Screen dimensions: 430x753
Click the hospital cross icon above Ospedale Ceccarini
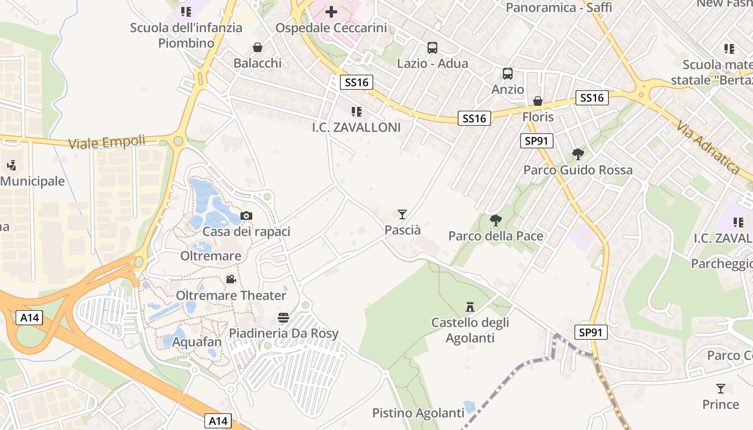tap(331, 11)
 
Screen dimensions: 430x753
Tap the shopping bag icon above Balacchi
tap(258, 47)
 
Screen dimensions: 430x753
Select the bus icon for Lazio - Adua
tap(432, 47)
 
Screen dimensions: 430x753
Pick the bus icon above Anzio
tap(507, 74)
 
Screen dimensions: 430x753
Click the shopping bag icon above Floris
tap(537, 101)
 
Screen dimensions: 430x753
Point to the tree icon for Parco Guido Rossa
tap(578, 155)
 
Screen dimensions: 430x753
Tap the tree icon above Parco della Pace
tap(496, 220)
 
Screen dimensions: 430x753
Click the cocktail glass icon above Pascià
tap(402, 214)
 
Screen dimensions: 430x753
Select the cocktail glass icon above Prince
tap(721, 388)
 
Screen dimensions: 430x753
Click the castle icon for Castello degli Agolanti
tap(470, 307)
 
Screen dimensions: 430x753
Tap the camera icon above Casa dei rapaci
tap(246, 216)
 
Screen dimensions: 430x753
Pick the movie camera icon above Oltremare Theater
tap(231, 279)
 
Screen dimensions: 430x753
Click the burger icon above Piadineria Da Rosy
tap(283, 317)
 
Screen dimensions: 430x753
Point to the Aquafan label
tap(197, 342)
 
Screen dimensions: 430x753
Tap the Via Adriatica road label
tap(707, 147)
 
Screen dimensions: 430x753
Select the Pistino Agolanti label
tap(418, 413)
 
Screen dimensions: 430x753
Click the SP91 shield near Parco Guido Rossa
tap(537, 141)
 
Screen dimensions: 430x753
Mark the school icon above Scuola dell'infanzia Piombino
tap(186, 11)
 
